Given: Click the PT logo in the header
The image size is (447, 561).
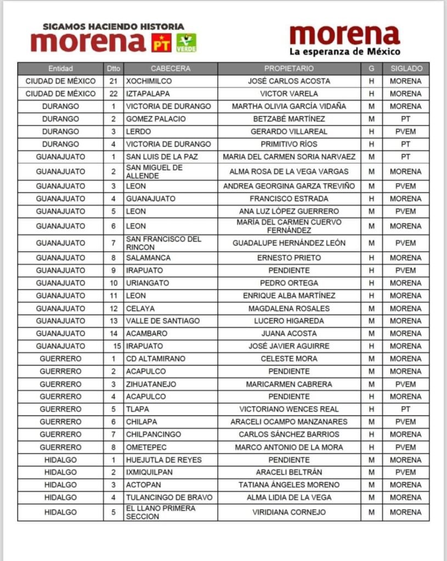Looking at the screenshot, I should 161,43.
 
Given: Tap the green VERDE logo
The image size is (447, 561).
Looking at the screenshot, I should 186,43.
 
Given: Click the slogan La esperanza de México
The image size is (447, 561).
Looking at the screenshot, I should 344,52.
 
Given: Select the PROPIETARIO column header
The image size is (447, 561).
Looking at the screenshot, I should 289,68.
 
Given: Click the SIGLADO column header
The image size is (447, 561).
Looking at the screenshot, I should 406,68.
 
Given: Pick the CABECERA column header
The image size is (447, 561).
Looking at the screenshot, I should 171,68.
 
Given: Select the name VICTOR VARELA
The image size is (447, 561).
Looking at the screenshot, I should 289,94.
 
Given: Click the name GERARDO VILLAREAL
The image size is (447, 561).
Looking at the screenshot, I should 289,131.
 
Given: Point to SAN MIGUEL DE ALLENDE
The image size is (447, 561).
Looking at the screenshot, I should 155,171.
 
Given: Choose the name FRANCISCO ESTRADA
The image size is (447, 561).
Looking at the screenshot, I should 289,199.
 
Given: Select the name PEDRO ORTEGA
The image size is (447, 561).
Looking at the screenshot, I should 289,283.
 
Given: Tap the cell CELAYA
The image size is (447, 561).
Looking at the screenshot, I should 140,308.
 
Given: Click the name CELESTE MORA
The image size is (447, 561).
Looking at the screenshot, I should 289,359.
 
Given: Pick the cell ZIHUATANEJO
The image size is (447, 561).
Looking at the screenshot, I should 151,384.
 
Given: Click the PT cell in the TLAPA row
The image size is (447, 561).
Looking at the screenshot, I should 406,409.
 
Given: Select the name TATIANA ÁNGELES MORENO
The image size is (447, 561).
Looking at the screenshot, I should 289,485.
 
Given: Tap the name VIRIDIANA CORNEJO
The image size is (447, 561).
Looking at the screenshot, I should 289,512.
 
